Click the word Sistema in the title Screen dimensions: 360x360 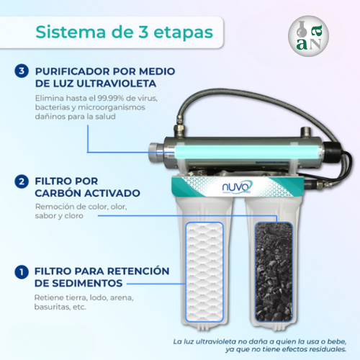coord(71,32)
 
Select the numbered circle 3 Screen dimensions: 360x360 coord(22,71)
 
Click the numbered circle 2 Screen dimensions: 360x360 coord(22,181)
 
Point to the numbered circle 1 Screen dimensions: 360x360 coord(22,272)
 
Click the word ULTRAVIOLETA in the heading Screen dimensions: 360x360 coord(116,84)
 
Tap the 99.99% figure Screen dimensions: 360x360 coord(110,98)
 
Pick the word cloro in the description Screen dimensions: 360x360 coord(73,216)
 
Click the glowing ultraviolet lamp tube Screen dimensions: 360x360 coord(247,152)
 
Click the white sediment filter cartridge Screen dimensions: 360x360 coord(204,272)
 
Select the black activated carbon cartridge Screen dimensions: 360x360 coord(274,272)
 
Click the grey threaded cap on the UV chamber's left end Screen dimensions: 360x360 coord(156,153)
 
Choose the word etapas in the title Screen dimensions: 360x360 coord(183,33)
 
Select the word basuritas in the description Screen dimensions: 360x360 coord(49,307)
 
